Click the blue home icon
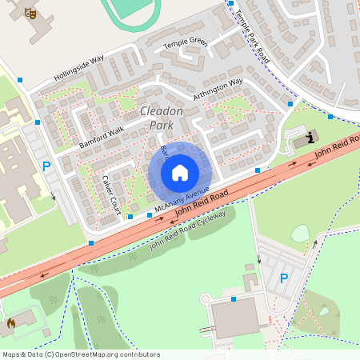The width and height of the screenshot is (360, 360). point(180,172)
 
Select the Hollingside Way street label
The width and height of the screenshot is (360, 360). point(79,66)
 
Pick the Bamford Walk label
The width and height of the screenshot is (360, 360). point(102,135)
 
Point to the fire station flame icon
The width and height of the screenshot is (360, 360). point(11,324)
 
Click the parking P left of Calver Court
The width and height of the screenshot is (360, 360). point(46,167)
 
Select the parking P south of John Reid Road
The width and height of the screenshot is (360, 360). point(283,278)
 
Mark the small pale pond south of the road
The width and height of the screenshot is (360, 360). point(300,233)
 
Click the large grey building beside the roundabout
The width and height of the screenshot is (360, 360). point(235,318)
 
